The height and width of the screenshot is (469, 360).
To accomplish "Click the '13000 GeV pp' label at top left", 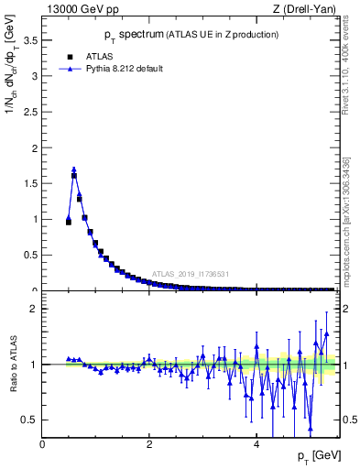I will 82,9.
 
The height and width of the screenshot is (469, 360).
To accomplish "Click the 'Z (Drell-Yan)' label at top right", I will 305,9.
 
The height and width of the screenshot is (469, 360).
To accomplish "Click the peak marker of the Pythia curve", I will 74,169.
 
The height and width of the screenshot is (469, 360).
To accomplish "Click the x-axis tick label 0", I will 42,444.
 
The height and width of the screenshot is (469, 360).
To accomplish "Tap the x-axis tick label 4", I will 256,444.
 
